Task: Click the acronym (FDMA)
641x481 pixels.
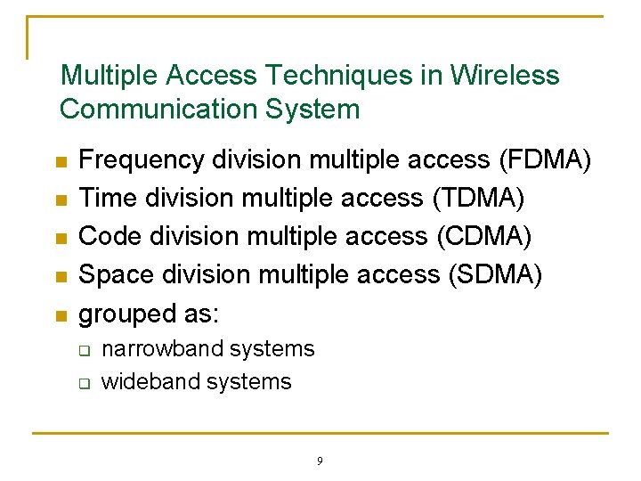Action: [x=544, y=159]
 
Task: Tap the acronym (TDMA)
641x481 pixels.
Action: [x=478, y=198]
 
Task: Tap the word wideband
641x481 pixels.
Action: [x=140, y=381]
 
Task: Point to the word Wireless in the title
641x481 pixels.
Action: [x=505, y=76]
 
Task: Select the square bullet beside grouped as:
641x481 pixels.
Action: [x=61, y=316]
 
